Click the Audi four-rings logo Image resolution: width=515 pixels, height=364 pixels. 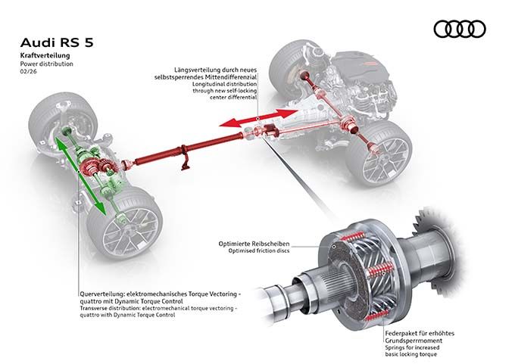460,29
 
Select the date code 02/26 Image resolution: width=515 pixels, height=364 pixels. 27,74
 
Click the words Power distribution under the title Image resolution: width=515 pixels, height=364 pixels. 48,66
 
